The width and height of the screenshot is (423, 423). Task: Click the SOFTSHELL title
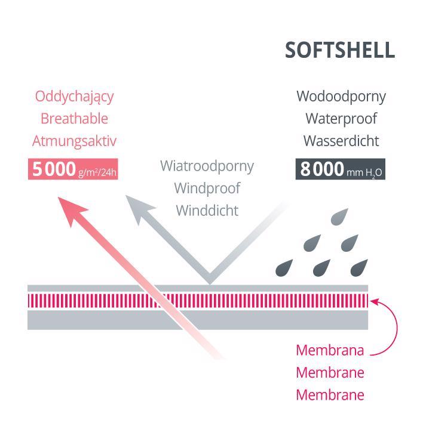click(339, 51)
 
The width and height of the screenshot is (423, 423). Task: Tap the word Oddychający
click(74, 96)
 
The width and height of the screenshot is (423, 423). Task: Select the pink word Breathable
click(74, 118)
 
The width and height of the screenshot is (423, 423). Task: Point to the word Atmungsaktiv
click(74, 141)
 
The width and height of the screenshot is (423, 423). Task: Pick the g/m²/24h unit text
click(98, 173)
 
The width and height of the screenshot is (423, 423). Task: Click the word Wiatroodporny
click(207, 165)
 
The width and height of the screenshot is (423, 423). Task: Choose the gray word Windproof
click(207, 188)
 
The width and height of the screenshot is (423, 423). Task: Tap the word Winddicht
click(207, 210)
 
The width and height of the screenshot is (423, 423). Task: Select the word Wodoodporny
click(341, 96)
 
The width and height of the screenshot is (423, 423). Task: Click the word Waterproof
click(341, 118)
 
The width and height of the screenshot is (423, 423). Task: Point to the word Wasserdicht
click(341, 141)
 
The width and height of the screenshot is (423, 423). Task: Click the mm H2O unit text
click(365, 173)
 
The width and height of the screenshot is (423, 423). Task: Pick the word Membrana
click(330, 350)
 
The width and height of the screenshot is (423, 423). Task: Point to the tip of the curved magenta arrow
click(373, 301)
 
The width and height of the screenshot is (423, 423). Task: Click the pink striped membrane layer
click(197, 300)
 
